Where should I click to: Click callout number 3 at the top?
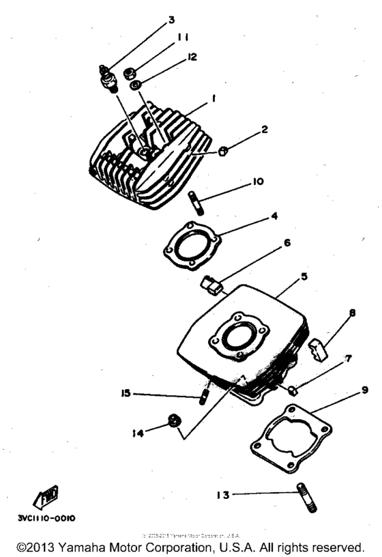[172, 20]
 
